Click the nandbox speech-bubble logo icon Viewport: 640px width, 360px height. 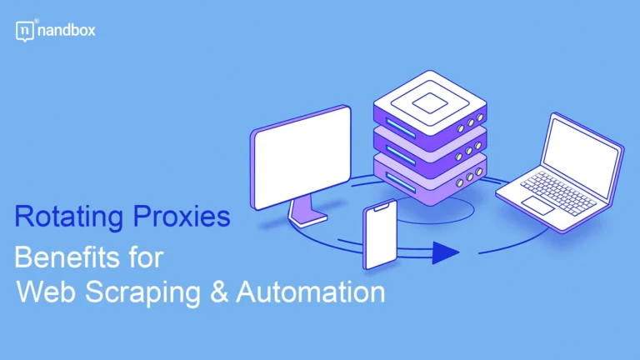click(23, 31)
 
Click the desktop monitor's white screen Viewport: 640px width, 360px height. click(301, 157)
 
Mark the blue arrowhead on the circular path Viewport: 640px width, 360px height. click(447, 254)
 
